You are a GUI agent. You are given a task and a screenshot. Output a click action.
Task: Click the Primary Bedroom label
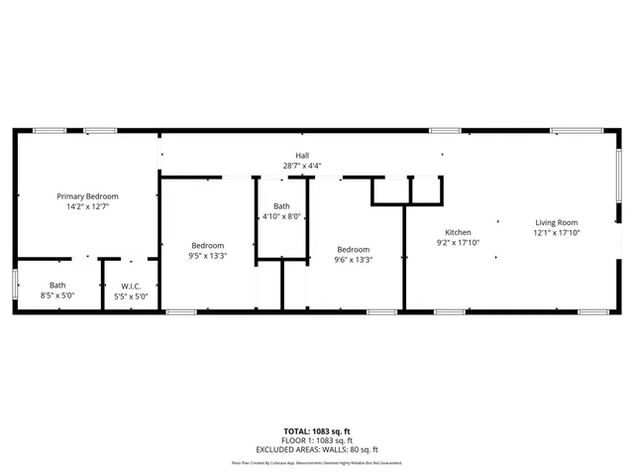pyautogui.click(x=87, y=196)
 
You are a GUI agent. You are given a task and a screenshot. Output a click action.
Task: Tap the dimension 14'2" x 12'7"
pyautogui.click(x=87, y=207)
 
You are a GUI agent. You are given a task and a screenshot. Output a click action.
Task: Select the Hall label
pyautogui.click(x=302, y=155)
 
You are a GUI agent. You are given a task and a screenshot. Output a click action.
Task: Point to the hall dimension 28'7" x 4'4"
pyautogui.click(x=302, y=166)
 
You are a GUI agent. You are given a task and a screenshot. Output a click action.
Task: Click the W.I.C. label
pyautogui.click(x=131, y=286)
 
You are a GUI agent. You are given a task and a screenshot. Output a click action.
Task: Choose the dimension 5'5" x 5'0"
pyautogui.click(x=131, y=296)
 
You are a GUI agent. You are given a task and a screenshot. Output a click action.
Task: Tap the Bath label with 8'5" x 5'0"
pyautogui.click(x=57, y=286)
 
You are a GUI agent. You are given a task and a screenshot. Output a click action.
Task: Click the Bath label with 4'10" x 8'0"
pyautogui.click(x=280, y=205)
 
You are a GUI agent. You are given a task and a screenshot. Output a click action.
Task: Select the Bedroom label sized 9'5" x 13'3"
pyautogui.click(x=208, y=245)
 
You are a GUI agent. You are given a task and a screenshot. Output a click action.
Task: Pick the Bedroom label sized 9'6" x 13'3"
pyautogui.click(x=354, y=249)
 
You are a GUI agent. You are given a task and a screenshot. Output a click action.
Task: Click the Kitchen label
pyautogui.click(x=458, y=231)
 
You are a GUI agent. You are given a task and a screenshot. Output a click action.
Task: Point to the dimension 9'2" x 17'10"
pyautogui.click(x=458, y=242)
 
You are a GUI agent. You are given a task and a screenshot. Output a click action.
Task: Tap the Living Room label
pyautogui.click(x=557, y=222)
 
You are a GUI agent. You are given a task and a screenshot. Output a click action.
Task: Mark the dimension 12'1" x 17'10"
pyautogui.click(x=557, y=233)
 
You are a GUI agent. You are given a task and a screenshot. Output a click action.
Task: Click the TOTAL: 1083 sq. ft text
pyautogui.click(x=317, y=431)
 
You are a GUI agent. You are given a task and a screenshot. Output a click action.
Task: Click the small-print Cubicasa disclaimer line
pyautogui.click(x=317, y=462)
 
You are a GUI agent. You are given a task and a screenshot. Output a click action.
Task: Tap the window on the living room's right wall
pyautogui.click(x=620, y=176)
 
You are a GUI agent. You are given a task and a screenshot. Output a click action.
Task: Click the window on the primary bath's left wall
pyautogui.click(x=14, y=283)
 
